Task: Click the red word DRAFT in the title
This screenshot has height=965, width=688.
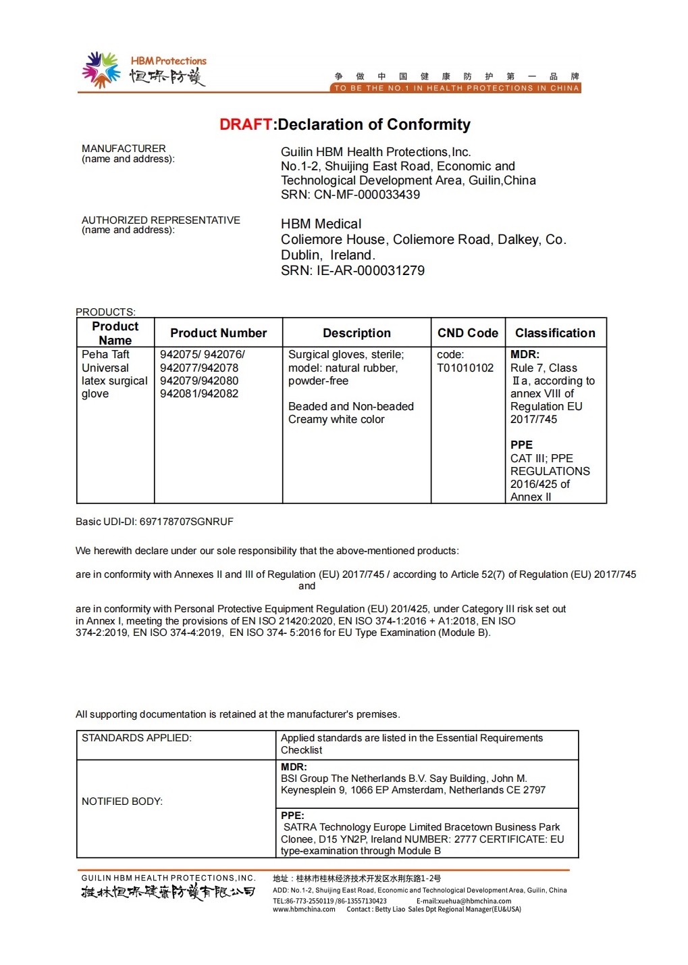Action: (x=246, y=125)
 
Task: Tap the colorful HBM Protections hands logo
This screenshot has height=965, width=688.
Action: (x=101, y=70)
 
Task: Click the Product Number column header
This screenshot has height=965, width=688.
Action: (x=218, y=333)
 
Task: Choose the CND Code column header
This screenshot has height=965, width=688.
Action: (x=467, y=333)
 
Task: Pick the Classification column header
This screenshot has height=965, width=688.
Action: (x=555, y=333)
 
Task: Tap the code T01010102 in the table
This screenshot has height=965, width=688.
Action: (x=465, y=368)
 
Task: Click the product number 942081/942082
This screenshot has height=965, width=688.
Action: (x=199, y=393)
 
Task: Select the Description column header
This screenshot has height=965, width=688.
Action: (x=356, y=333)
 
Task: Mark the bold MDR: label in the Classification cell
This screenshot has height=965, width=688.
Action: (x=525, y=355)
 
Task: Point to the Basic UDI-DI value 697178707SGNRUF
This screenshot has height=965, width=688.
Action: (x=186, y=522)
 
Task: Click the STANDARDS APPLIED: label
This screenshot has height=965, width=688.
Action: (x=136, y=738)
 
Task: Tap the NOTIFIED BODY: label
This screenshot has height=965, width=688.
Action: (x=122, y=801)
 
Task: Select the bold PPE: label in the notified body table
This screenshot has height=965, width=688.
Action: (x=292, y=816)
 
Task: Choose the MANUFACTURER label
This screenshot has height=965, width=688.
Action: (x=124, y=149)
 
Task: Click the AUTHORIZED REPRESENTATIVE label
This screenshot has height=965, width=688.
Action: (x=161, y=220)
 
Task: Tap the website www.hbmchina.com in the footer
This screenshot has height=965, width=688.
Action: (x=304, y=909)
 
